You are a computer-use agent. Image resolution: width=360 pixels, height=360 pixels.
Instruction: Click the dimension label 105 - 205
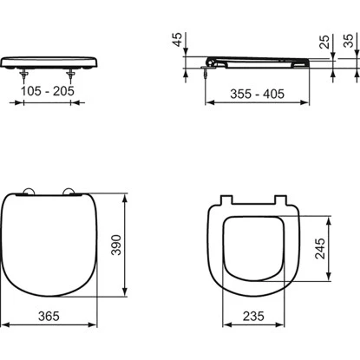coord(48,91)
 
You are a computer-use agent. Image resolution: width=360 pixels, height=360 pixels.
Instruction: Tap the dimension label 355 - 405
coord(257,94)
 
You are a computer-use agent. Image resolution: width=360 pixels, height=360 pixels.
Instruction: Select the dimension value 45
coord(178,39)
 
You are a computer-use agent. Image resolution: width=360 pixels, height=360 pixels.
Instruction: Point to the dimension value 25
coord(324,42)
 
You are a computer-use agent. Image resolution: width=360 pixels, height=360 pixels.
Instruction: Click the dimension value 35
coord(349,41)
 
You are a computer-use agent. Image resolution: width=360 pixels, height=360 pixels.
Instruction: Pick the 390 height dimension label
coord(116,245)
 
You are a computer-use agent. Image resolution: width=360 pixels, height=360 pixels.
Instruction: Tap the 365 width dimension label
coord(49,316)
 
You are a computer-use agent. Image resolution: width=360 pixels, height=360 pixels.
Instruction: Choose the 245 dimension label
coord(320,248)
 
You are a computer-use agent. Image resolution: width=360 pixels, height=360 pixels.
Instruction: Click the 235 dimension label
coord(253,316)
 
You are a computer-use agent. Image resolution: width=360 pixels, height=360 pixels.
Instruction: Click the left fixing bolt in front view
coord(23,76)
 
